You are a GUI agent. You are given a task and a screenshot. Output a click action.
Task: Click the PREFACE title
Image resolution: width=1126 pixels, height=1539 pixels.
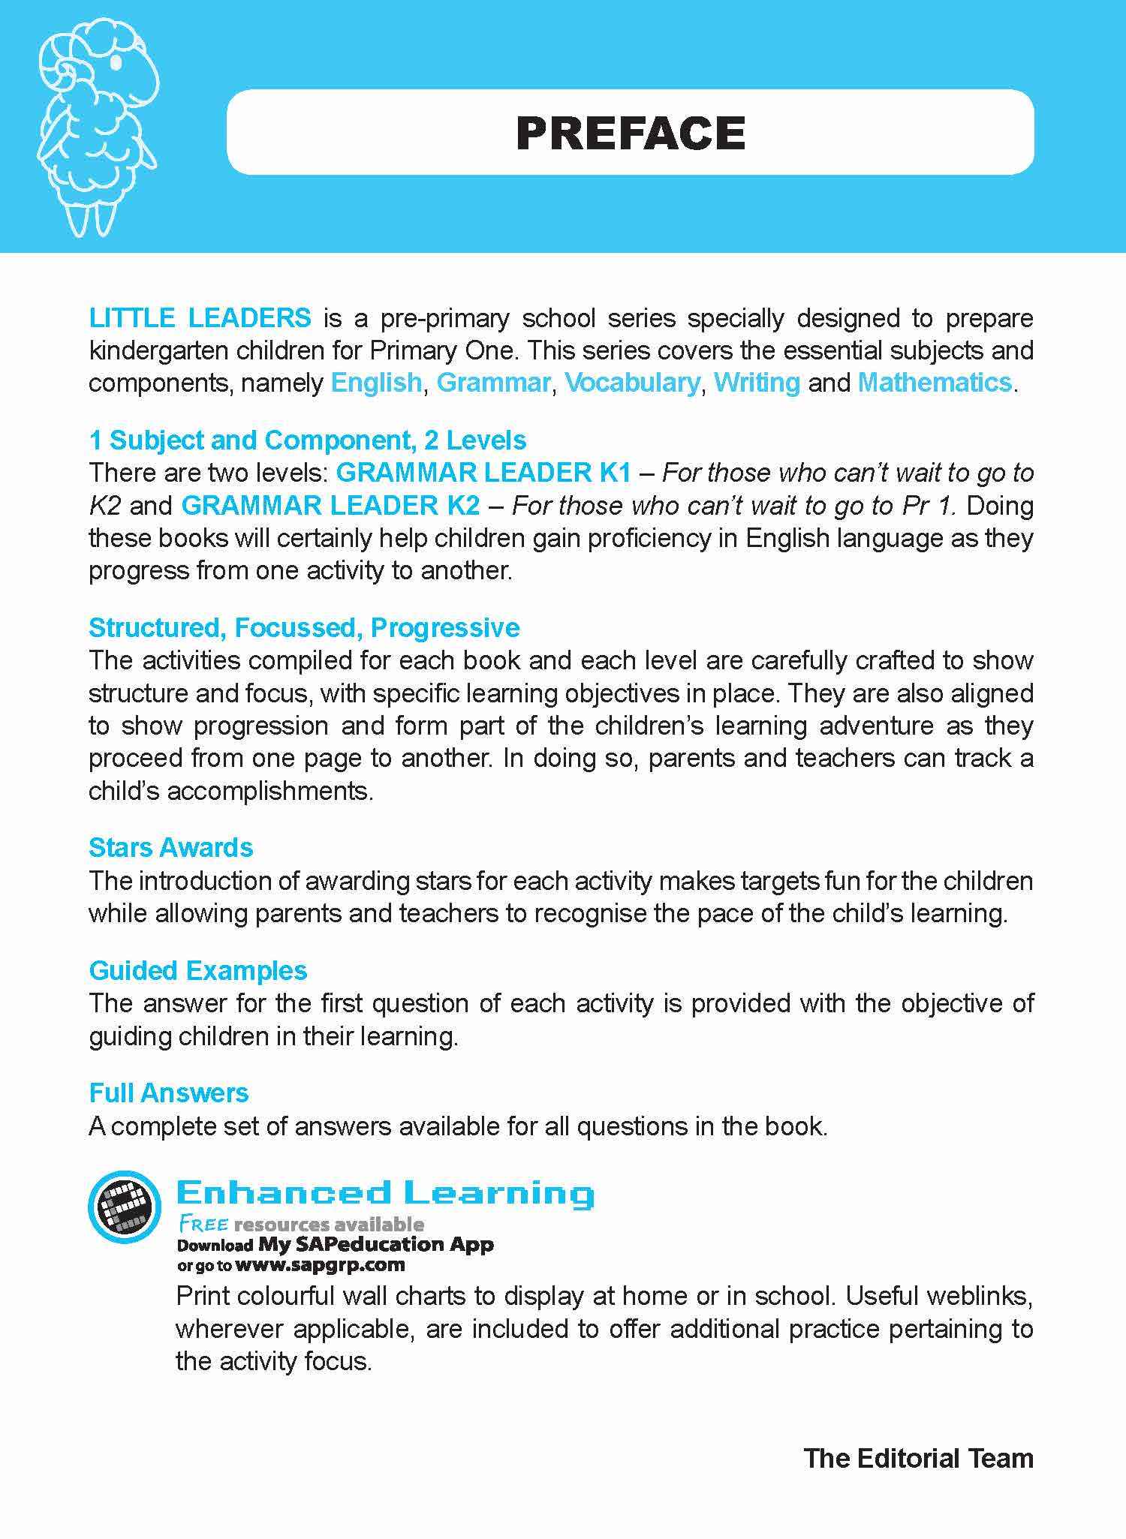(x=630, y=134)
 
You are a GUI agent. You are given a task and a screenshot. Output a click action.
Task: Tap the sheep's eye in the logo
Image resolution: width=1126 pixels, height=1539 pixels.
(x=115, y=63)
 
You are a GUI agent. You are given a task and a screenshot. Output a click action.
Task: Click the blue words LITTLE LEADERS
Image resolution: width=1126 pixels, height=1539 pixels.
(x=200, y=318)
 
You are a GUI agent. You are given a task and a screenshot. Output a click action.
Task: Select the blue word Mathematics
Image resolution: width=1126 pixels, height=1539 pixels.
(x=935, y=383)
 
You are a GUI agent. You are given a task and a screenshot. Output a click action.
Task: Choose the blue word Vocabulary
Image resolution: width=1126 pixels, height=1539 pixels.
(x=632, y=383)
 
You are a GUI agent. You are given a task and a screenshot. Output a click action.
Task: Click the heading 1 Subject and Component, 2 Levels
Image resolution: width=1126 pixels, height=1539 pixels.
(x=308, y=440)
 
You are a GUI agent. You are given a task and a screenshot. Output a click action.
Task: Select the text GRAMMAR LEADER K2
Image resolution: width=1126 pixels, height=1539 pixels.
(x=330, y=506)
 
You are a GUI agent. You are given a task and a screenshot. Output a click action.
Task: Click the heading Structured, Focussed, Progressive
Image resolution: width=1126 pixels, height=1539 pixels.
(x=304, y=627)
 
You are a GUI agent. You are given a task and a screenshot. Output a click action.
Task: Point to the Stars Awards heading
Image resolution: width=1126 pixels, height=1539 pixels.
(x=171, y=848)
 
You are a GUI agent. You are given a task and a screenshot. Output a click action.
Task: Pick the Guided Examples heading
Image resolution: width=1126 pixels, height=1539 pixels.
(x=198, y=971)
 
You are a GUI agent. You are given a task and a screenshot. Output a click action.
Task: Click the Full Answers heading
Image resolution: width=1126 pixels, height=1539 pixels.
(x=169, y=1093)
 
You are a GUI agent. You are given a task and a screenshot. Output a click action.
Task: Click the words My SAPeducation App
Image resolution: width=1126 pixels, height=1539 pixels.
(x=376, y=1244)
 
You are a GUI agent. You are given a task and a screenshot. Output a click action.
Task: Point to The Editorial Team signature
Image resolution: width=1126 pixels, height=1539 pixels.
(x=918, y=1458)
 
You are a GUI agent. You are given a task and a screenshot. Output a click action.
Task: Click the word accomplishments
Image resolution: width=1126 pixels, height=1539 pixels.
(x=269, y=792)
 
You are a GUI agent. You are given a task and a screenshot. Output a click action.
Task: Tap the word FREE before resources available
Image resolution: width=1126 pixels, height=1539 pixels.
(x=203, y=1225)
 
